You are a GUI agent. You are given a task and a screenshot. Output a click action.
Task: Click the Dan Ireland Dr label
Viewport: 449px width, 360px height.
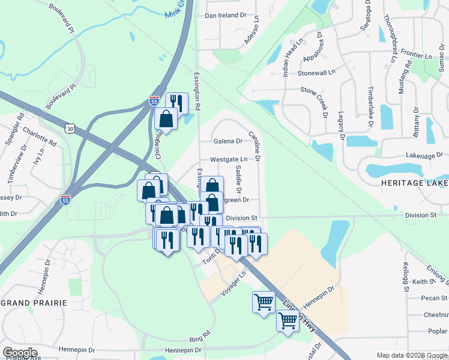click(226, 15)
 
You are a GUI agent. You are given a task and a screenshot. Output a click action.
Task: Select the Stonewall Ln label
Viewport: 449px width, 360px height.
click(316, 73)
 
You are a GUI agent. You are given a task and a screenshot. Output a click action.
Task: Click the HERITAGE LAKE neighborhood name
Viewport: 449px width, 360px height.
click(414, 182)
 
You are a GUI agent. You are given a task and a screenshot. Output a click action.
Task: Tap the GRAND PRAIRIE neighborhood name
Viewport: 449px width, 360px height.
click(34, 303)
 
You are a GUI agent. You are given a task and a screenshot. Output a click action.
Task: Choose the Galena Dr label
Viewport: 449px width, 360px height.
click(228, 142)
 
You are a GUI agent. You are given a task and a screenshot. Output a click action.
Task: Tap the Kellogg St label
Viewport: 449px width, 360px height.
click(406, 277)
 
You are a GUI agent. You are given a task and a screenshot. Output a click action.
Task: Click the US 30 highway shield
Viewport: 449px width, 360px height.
click(71, 128)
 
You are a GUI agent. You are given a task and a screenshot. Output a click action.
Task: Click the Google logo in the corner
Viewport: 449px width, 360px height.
click(20, 353)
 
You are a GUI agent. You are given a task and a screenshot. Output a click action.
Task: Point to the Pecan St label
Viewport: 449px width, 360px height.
click(435, 298)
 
